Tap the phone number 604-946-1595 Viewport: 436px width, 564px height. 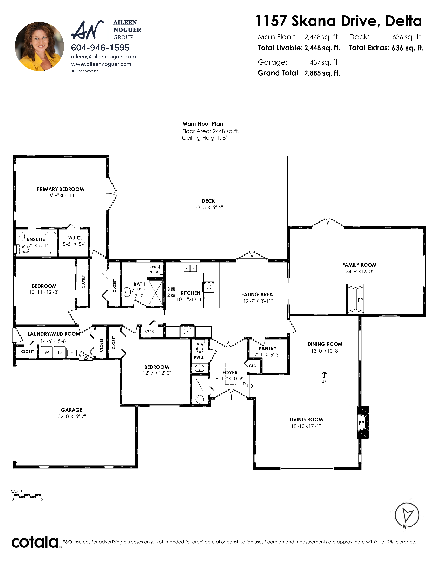click(100, 48)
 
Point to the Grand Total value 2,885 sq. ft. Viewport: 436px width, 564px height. click(322, 73)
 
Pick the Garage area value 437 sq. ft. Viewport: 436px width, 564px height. click(325, 62)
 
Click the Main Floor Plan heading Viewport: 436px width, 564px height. click(203, 124)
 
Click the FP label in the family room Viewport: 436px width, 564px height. click(360, 300)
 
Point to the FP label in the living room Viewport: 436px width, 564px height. click(361, 423)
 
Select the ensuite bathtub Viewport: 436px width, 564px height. click(51, 243)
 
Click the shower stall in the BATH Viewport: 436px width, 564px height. click(156, 293)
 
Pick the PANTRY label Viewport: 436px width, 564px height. click(267, 348)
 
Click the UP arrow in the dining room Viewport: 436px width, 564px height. click(324, 375)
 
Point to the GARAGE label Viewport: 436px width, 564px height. click(72, 410)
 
